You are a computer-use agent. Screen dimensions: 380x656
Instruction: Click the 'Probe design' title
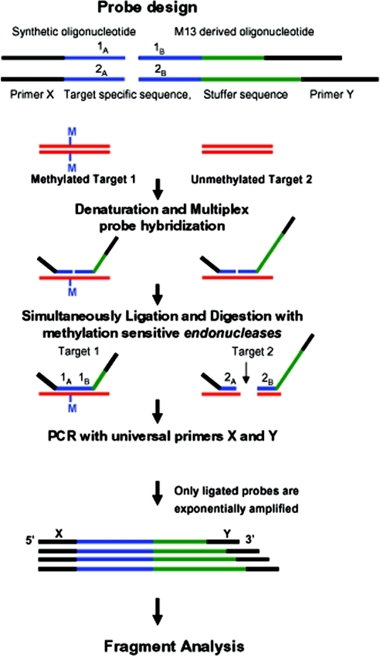[148, 8]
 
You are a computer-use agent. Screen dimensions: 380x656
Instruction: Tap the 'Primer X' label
[32, 94]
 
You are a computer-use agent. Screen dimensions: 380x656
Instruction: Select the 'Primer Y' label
[331, 94]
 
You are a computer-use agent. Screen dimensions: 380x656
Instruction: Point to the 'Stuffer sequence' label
[246, 94]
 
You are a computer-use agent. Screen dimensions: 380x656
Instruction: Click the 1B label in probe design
[160, 48]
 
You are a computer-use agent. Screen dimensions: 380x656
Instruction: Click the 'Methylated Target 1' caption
[83, 179]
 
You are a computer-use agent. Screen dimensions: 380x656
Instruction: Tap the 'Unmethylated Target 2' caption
[252, 179]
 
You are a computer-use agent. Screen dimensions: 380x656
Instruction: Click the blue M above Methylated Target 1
[72, 132]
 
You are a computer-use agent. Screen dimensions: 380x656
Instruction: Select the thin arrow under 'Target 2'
[246, 372]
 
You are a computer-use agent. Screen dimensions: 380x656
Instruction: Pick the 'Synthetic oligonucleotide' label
[73, 32]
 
